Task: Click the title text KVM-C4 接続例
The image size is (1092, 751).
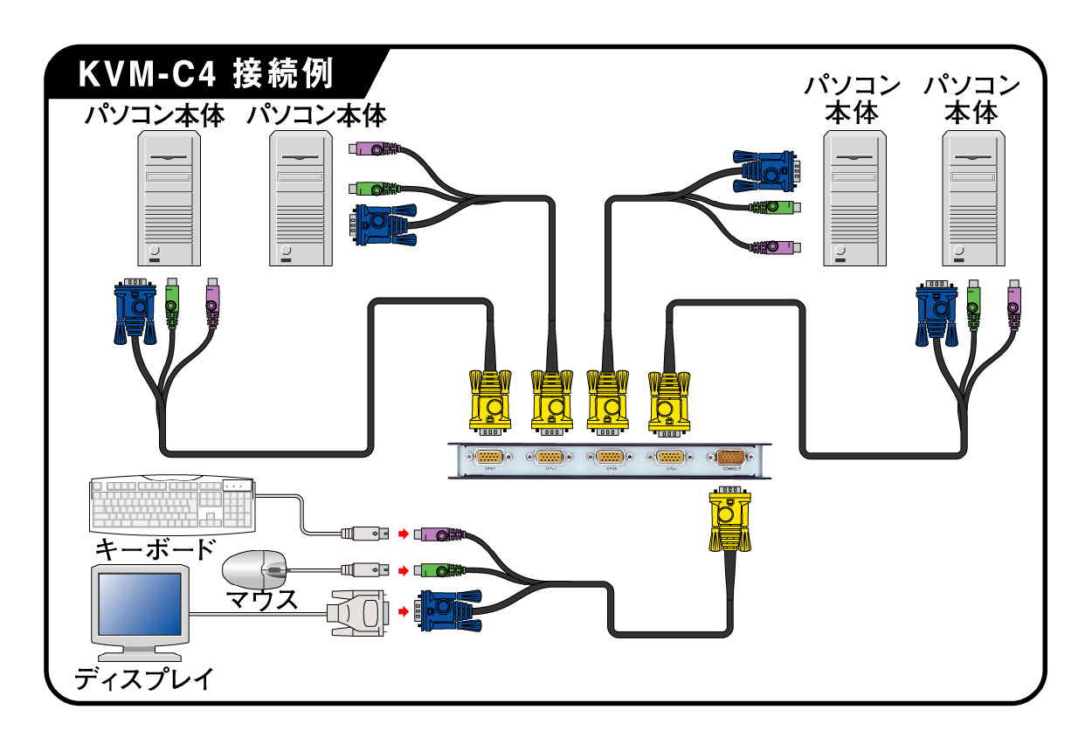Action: pyautogui.click(x=206, y=74)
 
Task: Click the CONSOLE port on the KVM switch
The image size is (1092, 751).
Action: pyautogui.click(x=729, y=457)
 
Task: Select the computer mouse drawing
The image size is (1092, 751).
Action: pyautogui.click(x=256, y=570)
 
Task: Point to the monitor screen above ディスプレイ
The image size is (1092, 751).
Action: pyautogui.click(x=140, y=608)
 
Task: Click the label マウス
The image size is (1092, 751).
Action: pyautogui.click(x=261, y=600)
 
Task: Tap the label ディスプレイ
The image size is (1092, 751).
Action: pyautogui.click(x=143, y=679)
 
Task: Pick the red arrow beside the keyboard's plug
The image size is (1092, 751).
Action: pyautogui.click(x=403, y=533)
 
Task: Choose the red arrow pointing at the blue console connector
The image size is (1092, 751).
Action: pyautogui.click(x=403, y=611)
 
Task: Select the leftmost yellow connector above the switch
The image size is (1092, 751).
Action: pyautogui.click(x=490, y=400)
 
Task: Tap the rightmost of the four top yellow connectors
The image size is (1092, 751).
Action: pyautogui.click(x=668, y=400)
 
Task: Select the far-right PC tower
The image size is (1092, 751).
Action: pyautogui.click(x=971, y=198)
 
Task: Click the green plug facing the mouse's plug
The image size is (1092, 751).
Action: pyautogui.click(x=438, y=571)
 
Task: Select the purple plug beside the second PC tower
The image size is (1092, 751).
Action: pyautogui.click(x=371, y=149)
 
